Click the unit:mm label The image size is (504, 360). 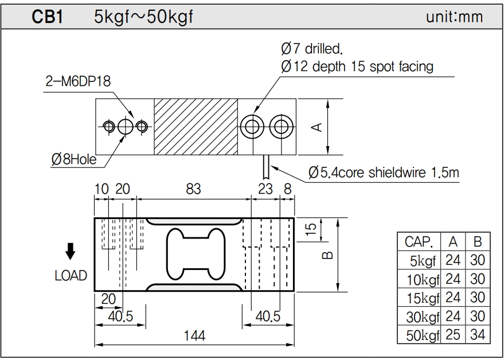pos(454,17)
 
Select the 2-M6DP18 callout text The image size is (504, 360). pos(79,81)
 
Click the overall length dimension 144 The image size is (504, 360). pos(194,335)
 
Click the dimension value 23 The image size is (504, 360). pos(265,189)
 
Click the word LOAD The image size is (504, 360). pos(71,276)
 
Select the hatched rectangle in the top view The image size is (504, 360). pos(196,127)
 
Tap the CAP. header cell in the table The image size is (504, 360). pos(419,241)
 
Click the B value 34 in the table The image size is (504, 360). pos(477,335)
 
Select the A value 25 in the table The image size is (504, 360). pos(453,335)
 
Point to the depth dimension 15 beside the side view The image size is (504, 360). pos(311,230)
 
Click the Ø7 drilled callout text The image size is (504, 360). pos(315,48)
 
